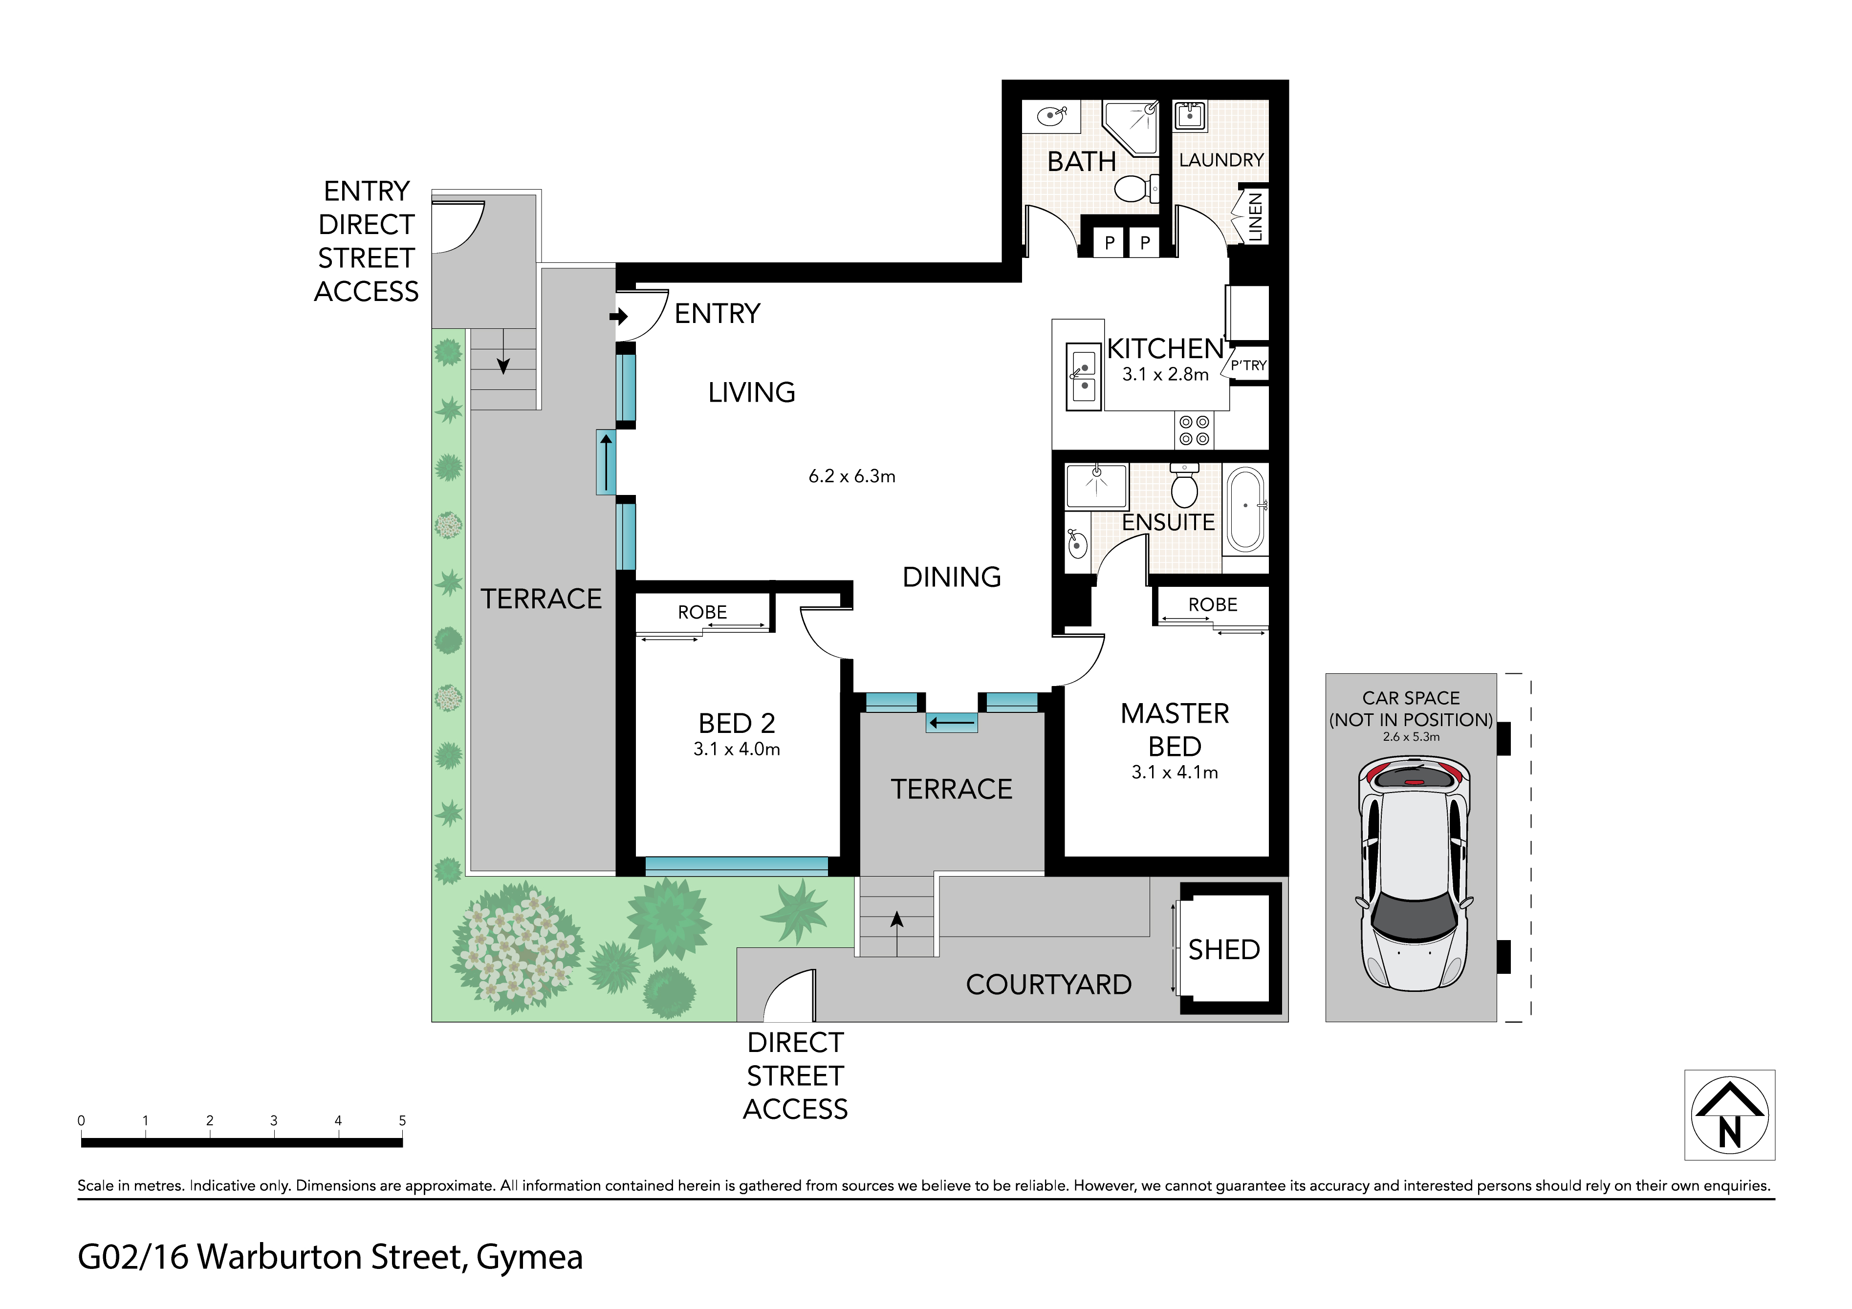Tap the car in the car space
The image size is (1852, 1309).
[x=1414, y=874]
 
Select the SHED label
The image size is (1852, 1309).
[x=1223, y=949]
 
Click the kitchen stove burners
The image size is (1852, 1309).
[x=1194, y=430]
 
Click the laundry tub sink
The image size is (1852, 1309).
[x=1190, y=115]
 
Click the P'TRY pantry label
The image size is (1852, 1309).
[x=1249, y=365]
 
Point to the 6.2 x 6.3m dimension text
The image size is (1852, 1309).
[x=852, y=477]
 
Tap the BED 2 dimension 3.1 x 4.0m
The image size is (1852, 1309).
[x=737, y=749]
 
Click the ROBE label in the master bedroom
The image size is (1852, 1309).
[x=1212, y=605]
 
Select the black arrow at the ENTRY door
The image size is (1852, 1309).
[x=619, y=316]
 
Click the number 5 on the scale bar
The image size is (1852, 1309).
[x=402, y=1120]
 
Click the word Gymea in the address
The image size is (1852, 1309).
[x=529, y=1257]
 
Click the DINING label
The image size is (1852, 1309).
[x=952, y=578]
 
